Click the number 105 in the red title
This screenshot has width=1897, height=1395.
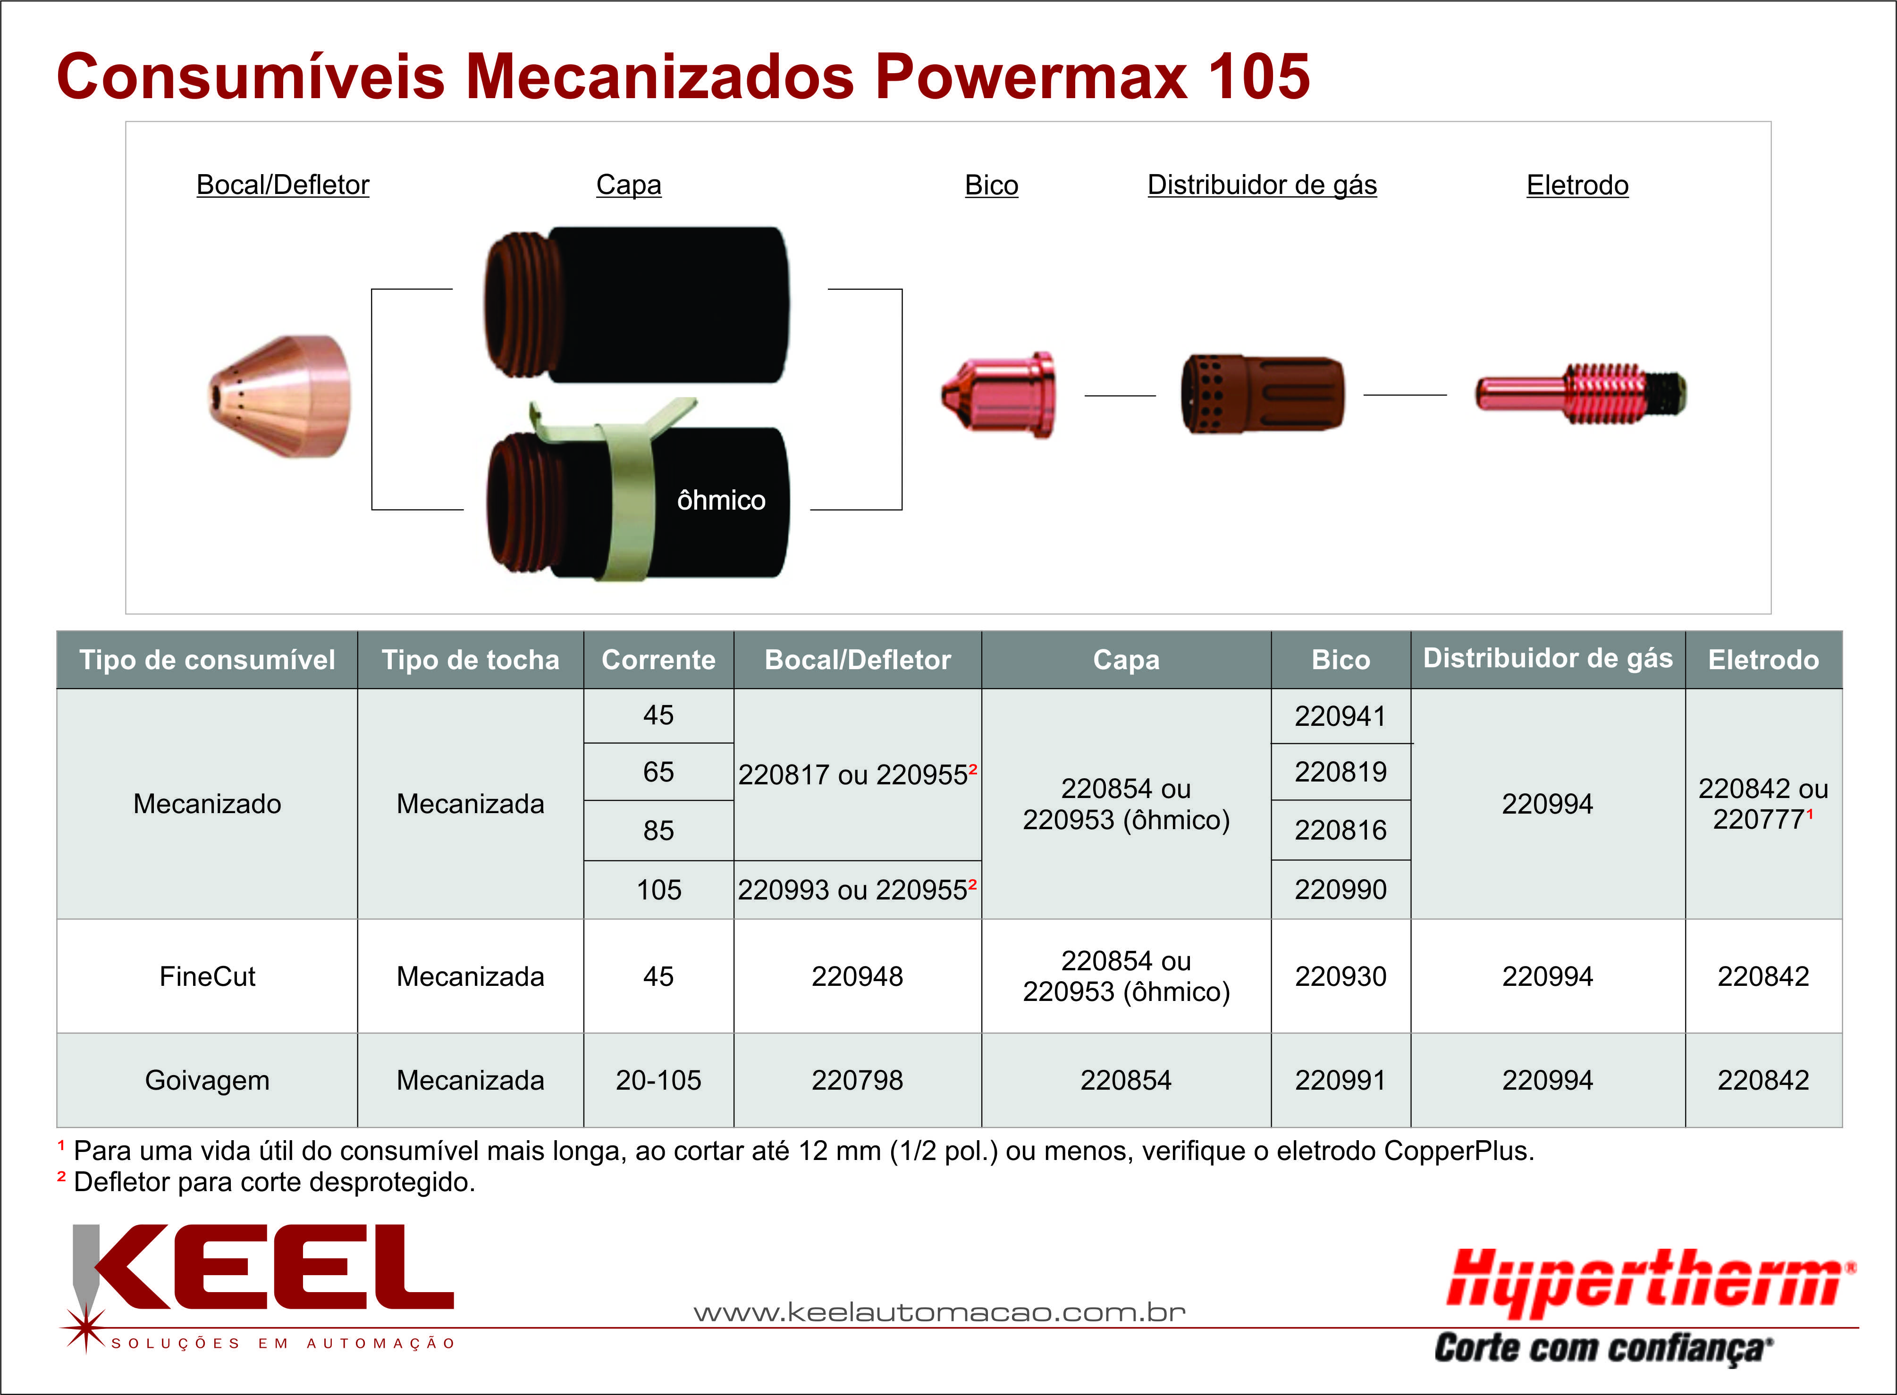1259,77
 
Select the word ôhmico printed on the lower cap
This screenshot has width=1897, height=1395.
721,501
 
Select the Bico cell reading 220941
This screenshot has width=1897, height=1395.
1341,716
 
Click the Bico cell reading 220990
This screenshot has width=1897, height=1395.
1341,889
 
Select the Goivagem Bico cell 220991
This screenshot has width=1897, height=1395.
1341,1080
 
